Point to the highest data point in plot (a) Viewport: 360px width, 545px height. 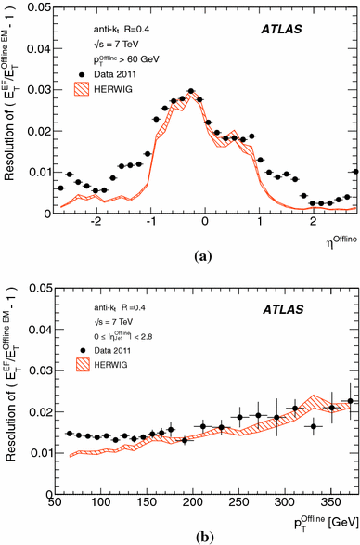190,92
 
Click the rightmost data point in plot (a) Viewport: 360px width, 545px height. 356,171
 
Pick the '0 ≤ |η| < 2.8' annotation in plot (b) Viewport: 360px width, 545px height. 116,340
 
